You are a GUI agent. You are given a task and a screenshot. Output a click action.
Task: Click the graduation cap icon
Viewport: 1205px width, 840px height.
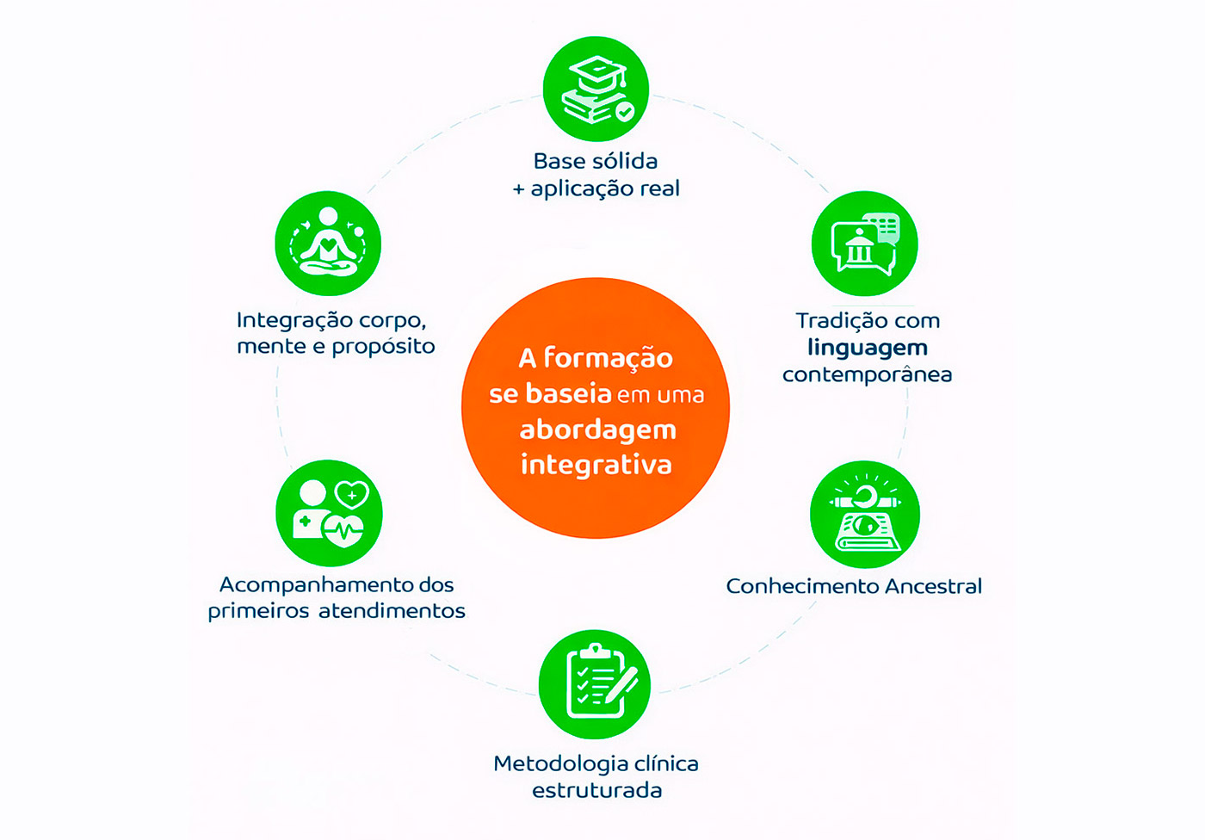(x=596, y=89)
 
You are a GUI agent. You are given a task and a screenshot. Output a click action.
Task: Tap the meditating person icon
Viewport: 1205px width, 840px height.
(x=328, y=243)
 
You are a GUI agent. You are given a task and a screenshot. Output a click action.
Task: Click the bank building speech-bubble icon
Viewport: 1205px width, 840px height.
(x=864, y=243)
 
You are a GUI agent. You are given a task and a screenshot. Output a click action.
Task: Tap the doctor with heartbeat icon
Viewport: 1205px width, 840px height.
(x=329, y=514)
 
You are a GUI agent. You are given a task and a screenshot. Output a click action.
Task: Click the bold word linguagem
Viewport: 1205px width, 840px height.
(x=868, y=349)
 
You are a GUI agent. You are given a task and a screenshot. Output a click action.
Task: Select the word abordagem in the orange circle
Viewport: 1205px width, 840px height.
(x=597, y=430)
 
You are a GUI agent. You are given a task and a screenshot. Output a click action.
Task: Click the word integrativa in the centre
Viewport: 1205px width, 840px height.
(x=596, y=465)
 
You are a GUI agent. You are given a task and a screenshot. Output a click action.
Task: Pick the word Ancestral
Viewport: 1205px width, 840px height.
(x=933, y=586)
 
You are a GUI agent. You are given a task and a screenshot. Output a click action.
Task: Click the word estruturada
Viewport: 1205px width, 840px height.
(x=596, y=790)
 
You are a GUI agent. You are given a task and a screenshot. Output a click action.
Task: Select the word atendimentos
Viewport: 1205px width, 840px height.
(x=392, y=611)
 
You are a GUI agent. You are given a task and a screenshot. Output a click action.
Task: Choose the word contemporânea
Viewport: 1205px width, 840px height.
(x=868, y=374)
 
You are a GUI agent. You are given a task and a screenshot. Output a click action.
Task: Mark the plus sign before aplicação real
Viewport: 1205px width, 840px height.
(x=518, y=189)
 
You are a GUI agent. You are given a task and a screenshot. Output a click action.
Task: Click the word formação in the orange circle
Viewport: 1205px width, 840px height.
(x=608, y=359)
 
